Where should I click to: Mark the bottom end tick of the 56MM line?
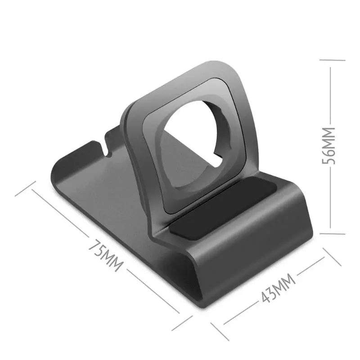[x=331, y=233]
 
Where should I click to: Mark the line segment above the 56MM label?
[x=331, y=94]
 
